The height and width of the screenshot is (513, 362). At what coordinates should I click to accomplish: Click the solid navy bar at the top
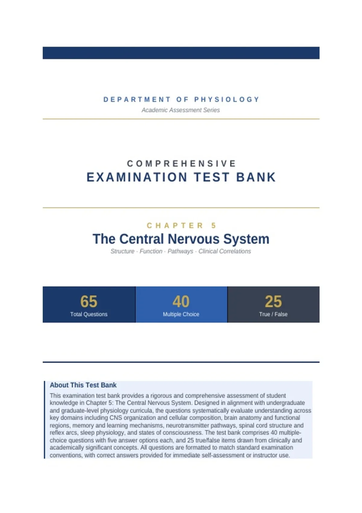[x=181, y=53]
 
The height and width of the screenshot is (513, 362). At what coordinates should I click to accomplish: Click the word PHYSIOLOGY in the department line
[x=227, y=100]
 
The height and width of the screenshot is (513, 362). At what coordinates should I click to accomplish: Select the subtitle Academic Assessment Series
[x=181, y=110]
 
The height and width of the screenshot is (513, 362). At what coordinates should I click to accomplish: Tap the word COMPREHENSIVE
[x=182, y=164]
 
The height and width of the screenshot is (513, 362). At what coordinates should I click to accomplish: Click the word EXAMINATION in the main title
[x=137, y=177]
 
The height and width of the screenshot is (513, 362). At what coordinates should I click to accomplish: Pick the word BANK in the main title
[x=256, y=177]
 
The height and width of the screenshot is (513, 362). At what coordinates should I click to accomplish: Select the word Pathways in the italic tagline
[x=180, y=251]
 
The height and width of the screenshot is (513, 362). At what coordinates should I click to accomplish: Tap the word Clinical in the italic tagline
[x=208, y=251]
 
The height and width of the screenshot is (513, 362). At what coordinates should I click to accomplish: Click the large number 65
[x=89, y=301]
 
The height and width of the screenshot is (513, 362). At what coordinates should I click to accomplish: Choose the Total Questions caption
[x=89, y=314]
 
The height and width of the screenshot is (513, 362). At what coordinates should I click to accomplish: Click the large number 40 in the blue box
[x=181, y=301]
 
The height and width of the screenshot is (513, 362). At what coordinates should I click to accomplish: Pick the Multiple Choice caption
[x=181, y=314]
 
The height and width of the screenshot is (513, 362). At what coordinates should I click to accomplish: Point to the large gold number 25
[x=273, y=301]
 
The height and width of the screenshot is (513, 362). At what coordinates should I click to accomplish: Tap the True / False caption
[x=273, y=314]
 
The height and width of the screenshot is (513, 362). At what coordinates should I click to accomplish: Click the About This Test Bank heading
[x=83, y=385]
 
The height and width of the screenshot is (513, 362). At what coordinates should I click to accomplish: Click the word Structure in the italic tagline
[x=122, y=251]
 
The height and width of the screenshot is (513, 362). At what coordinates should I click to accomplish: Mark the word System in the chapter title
[x=246, y=239]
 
